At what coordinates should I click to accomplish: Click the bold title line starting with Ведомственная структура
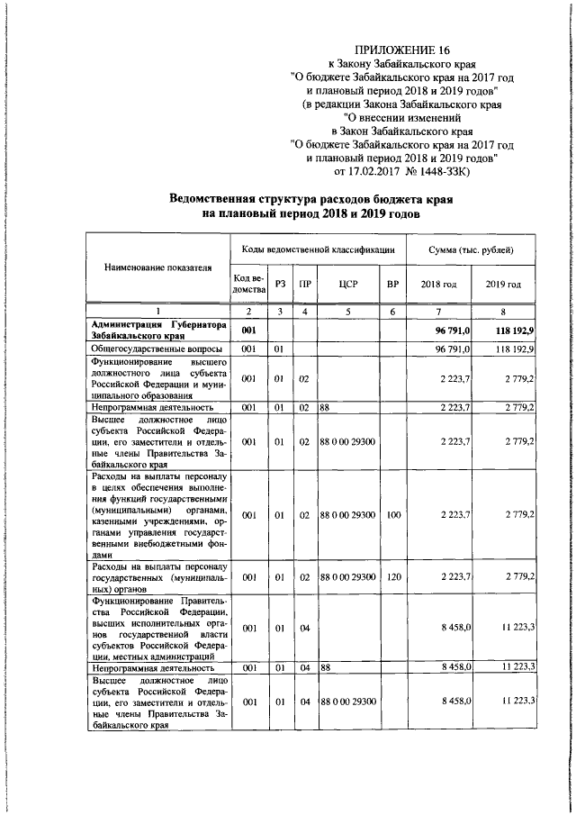pos(310,199)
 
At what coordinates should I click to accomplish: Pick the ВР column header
pos(391,285)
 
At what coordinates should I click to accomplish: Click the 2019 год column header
pos(504,285)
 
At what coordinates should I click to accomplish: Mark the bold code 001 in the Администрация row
pos(249,331)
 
